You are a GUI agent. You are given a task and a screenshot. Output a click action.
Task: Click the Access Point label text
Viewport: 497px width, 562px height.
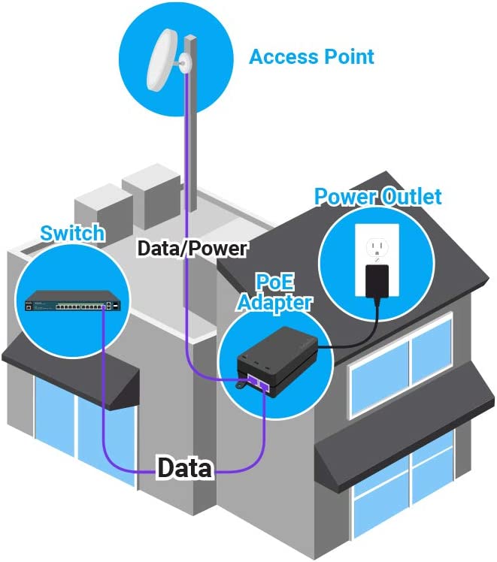click(311, 56)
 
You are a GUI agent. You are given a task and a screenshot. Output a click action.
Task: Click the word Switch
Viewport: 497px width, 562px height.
click(73, 233)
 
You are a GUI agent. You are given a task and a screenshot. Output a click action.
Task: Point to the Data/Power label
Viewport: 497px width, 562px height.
click(192, 249)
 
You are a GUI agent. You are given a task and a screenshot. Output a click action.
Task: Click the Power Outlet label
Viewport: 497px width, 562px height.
click(377, 198)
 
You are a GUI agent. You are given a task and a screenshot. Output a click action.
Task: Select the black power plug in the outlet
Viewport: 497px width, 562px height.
click(376, 282)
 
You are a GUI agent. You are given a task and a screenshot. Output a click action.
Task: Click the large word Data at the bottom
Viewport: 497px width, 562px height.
click(184, 469)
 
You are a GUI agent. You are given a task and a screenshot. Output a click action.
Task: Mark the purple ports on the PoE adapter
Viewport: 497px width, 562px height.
click(263, 381)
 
